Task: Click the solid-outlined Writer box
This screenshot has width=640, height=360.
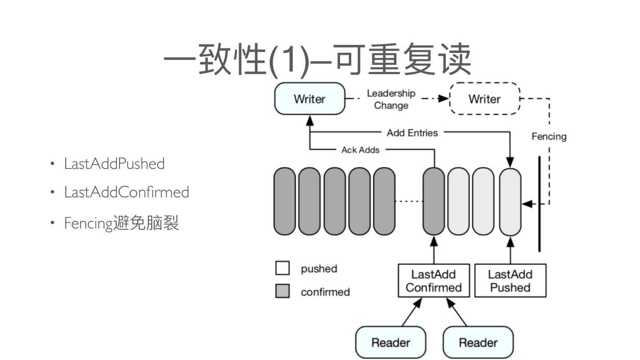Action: [x=310, y=99]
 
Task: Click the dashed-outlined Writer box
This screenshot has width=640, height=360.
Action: [x=484, y=99]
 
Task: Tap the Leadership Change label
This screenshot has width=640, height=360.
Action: [x=391, y=100]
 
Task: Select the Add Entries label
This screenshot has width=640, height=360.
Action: [x=412, y=132]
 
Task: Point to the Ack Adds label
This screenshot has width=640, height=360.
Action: [x=360, y=150]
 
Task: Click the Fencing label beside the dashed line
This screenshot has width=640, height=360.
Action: [x=549, y=136]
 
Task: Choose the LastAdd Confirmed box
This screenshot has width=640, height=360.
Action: [x=434, y=281]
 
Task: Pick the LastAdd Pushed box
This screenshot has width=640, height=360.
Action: [x=510, y=281]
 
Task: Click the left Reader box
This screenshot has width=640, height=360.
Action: [x=391, y=343]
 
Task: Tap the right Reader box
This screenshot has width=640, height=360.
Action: [x=478, y=343]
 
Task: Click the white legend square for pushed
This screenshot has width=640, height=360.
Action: [x=283, y=268]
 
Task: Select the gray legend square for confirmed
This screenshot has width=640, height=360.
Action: [x=283, y=292]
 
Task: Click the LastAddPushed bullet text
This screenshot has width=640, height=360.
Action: [x=114, y=164]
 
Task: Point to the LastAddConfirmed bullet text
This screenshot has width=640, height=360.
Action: [x=126, y=192]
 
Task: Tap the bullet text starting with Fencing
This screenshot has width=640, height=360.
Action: [x=121, y=222]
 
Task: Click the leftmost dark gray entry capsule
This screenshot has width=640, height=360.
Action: [x=285, y=201]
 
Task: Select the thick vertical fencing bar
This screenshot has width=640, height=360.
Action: [x=540, y=204]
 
